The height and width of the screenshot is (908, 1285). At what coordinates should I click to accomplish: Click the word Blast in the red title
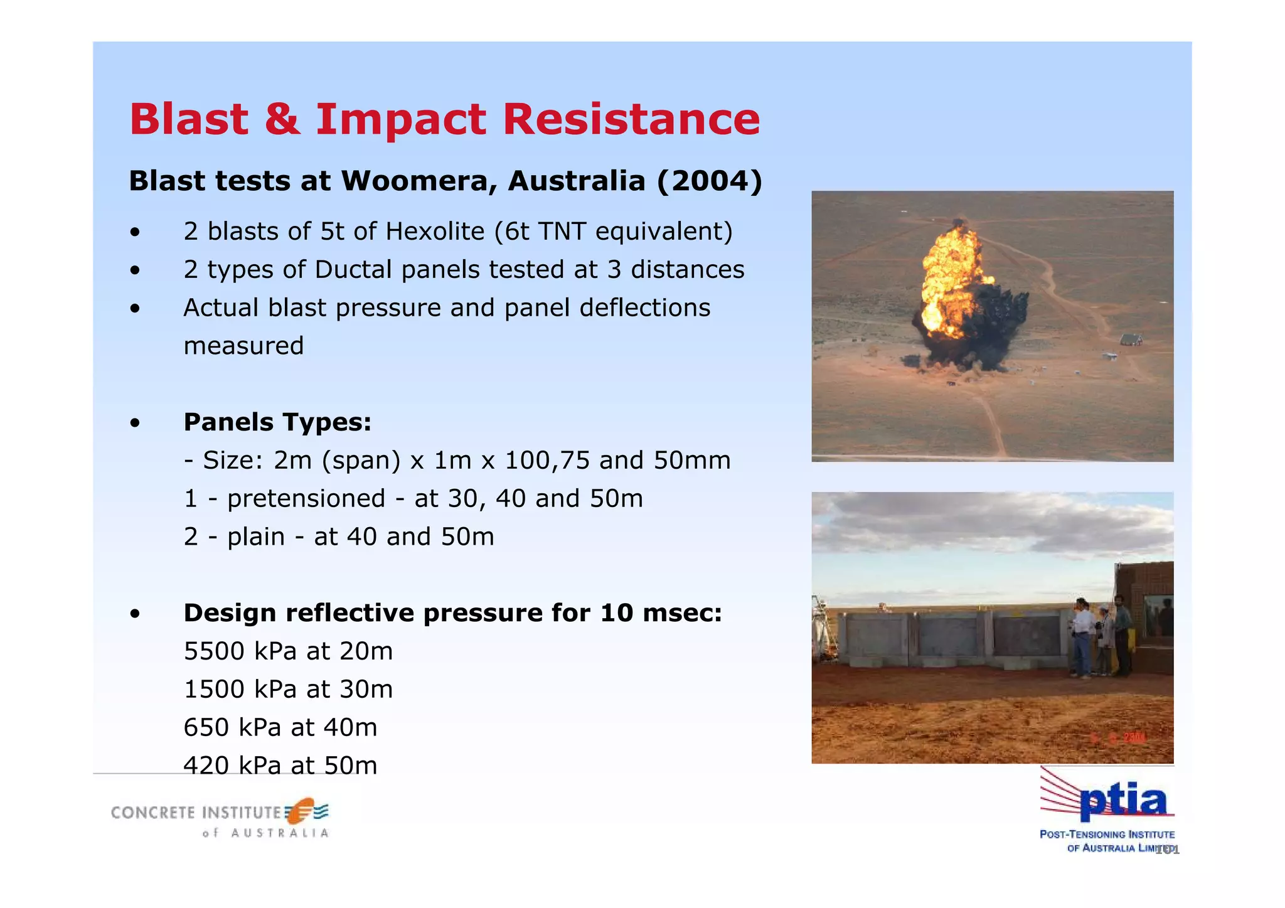(189, 119)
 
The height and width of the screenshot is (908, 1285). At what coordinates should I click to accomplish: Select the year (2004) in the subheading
(709, 181)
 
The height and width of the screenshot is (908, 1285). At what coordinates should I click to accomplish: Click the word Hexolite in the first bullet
(435, 232)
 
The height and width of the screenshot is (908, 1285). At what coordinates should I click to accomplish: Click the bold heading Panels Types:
(277, 422)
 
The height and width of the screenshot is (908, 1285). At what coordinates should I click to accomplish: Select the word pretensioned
(306, 499)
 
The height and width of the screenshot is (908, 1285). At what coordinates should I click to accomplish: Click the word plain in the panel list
(256, 537)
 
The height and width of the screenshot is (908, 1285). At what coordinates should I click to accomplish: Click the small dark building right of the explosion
(1130, 340)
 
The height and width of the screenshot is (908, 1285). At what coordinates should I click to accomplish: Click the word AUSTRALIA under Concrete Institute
(280, 833)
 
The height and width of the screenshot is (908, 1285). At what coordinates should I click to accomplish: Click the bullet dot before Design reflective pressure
(135, 614)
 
